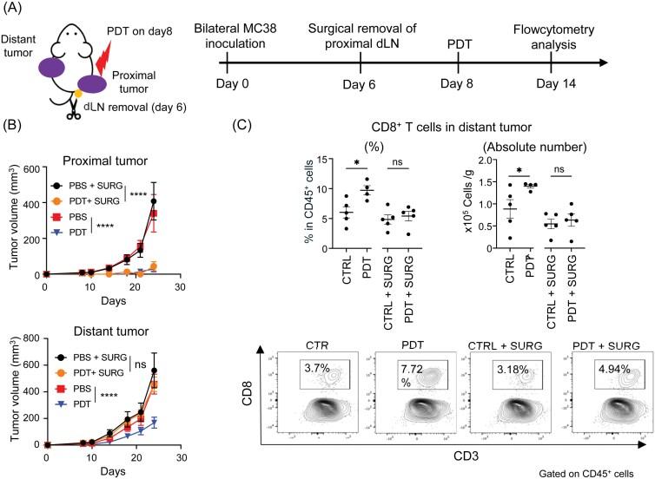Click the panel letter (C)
pos(245,121)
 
